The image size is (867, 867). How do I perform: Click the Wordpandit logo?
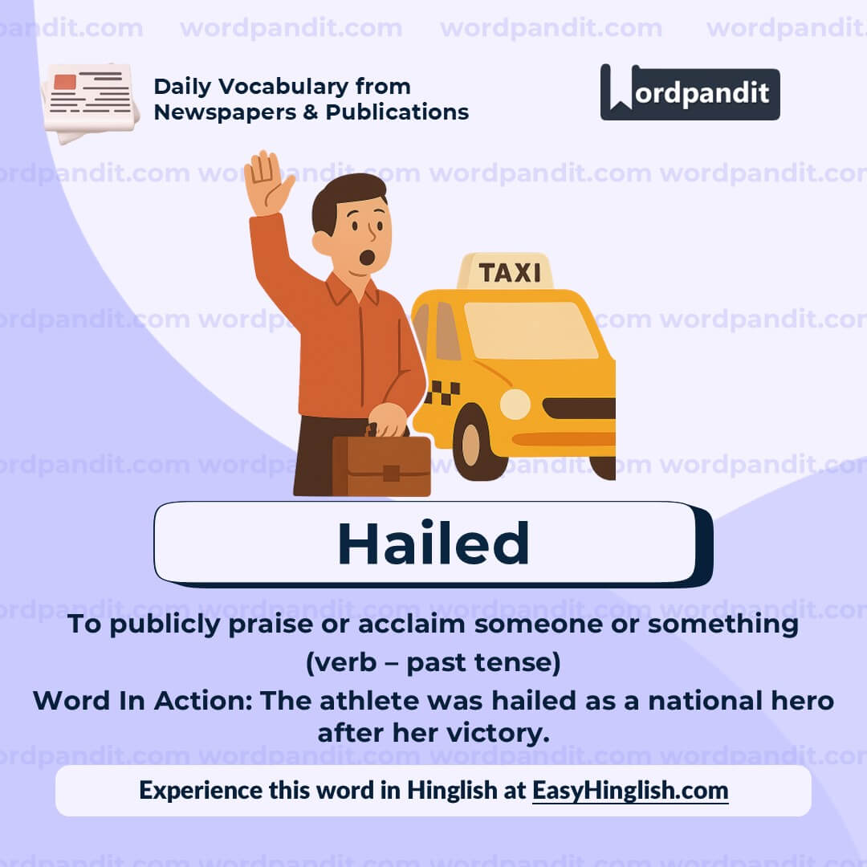[690, 92]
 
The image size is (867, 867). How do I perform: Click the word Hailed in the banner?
[433, 543]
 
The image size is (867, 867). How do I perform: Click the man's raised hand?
[267, 182]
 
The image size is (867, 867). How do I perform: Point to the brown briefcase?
[382, 466]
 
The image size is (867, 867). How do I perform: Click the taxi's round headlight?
[515, 404]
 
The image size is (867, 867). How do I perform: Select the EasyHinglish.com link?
[630, 790]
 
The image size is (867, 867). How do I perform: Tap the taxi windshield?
[530, 330]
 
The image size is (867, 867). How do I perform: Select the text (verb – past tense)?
[433, 663]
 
